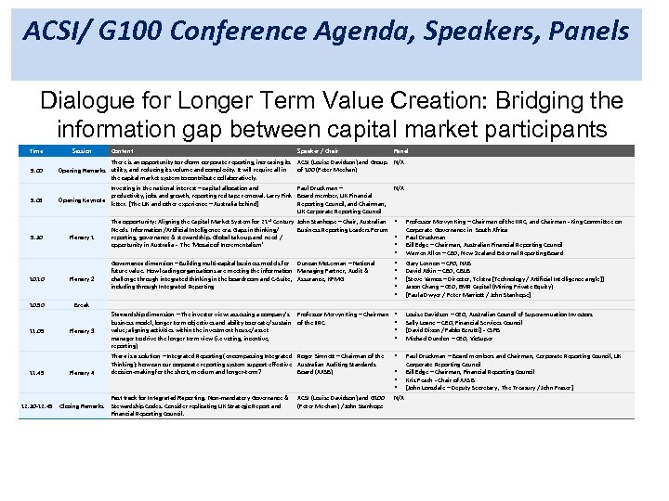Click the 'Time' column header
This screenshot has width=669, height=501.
click(x=35, y=150)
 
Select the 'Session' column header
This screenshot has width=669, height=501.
click(x=81, y=150)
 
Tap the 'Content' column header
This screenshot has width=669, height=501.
click(x=122, y=150)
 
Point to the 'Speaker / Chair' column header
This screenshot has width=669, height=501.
click(x=318, y=150)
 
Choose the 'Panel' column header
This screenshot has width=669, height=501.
click(x=400, y=150)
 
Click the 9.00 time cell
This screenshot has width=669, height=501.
click(x=35, y=170)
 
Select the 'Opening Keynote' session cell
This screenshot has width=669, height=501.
click(x=82, y=199)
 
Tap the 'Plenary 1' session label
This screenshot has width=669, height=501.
click(x=82, y=237)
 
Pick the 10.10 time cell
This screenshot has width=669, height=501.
click(x=35, y=278)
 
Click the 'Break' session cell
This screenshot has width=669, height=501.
click(x=82, y=304)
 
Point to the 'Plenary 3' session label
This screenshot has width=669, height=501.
click(x=82, y=331)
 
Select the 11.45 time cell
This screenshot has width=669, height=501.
click(x=35, y=373)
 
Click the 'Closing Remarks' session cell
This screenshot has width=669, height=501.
click(x=82, y=406)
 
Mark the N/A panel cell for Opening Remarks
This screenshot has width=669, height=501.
click(x=399, y=161)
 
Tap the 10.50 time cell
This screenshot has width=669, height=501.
click(x=35, y=304)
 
